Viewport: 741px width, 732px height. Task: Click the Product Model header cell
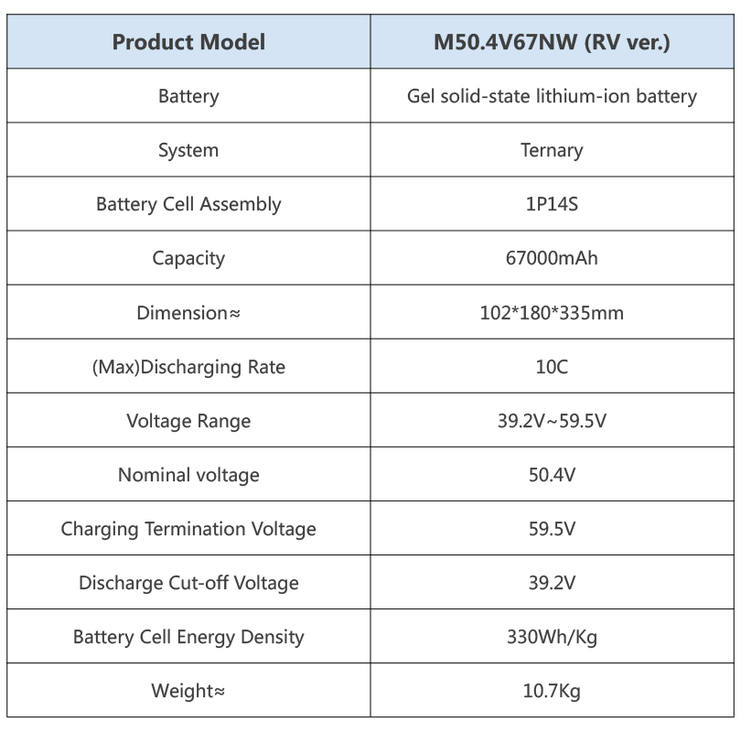point(188,42)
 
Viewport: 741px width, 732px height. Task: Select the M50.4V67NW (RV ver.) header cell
point(552,42)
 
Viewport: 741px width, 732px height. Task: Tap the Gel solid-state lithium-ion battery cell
point(552,96)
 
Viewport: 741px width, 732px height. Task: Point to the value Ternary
point(552,150)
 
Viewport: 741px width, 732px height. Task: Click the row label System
point(188,150)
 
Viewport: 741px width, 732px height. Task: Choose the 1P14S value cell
point(552,204)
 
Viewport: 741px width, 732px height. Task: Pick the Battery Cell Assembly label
point(188,204)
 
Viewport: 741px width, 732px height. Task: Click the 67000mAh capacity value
point(552,258)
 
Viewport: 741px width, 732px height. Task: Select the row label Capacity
point(188,258)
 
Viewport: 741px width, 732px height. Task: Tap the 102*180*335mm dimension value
point(552,313)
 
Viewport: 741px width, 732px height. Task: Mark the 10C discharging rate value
point(552,367)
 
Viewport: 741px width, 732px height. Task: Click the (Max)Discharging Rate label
point(188,367)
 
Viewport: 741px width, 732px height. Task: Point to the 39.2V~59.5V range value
point(552,421)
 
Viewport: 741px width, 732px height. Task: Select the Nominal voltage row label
point(188,475)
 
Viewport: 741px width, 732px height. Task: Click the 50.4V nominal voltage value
point(552,475)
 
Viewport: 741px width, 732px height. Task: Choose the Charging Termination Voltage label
point(188,529)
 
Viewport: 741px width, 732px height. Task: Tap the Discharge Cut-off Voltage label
point(188,583)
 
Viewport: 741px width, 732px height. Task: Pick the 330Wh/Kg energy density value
point(552,637)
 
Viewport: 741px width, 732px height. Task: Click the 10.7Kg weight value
point(552,691)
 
